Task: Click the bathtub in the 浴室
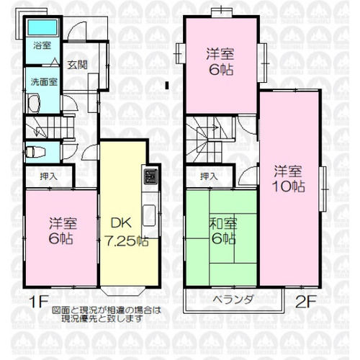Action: pos(42,27)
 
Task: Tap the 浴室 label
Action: pos(42,45)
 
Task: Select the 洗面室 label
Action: pos(44,82)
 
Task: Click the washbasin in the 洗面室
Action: pos(34,104)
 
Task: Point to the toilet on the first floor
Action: pos(35,152)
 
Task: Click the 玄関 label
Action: pos(77,65)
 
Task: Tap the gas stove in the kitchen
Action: pos(150,176)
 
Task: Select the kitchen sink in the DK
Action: pos(149,215)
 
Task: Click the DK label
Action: pos(121,223)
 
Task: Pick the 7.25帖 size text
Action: pos(127,240)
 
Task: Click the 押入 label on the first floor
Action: pos(49,176)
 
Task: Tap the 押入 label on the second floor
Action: pos(209,176)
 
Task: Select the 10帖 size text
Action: pos(288,186)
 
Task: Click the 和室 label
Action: pos(223,224)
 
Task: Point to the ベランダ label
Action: pos(233,300)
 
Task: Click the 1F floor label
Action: pos(39,302)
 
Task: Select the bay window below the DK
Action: pos(122,291)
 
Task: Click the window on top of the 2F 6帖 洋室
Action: pos(222,13)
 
